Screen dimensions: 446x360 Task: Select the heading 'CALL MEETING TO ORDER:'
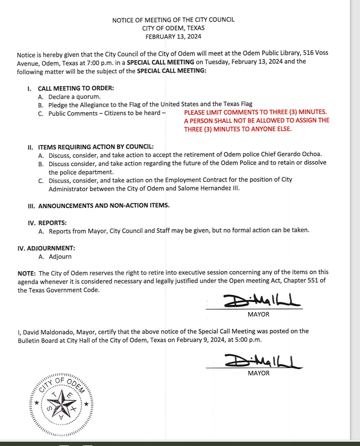click(x=76, y=88)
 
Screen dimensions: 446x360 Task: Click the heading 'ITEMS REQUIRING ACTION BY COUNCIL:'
click(x=96, y=146)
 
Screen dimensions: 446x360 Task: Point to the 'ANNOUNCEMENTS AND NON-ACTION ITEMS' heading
click(x=103, y=206)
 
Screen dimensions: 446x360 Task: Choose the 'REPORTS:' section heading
click(x=52, y=223)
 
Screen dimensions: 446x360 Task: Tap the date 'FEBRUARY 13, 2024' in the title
click(x=173, y=36)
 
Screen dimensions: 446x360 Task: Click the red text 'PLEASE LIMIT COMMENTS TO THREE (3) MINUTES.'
click(x=255, y=112)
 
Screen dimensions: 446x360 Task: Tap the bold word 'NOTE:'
click(x=27, y=273)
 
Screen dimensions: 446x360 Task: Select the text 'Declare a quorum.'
click(x=74, y=96)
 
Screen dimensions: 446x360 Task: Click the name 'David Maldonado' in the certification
click(x=47, y=331)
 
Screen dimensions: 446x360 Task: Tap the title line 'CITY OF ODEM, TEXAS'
click(x=173, y=28)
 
